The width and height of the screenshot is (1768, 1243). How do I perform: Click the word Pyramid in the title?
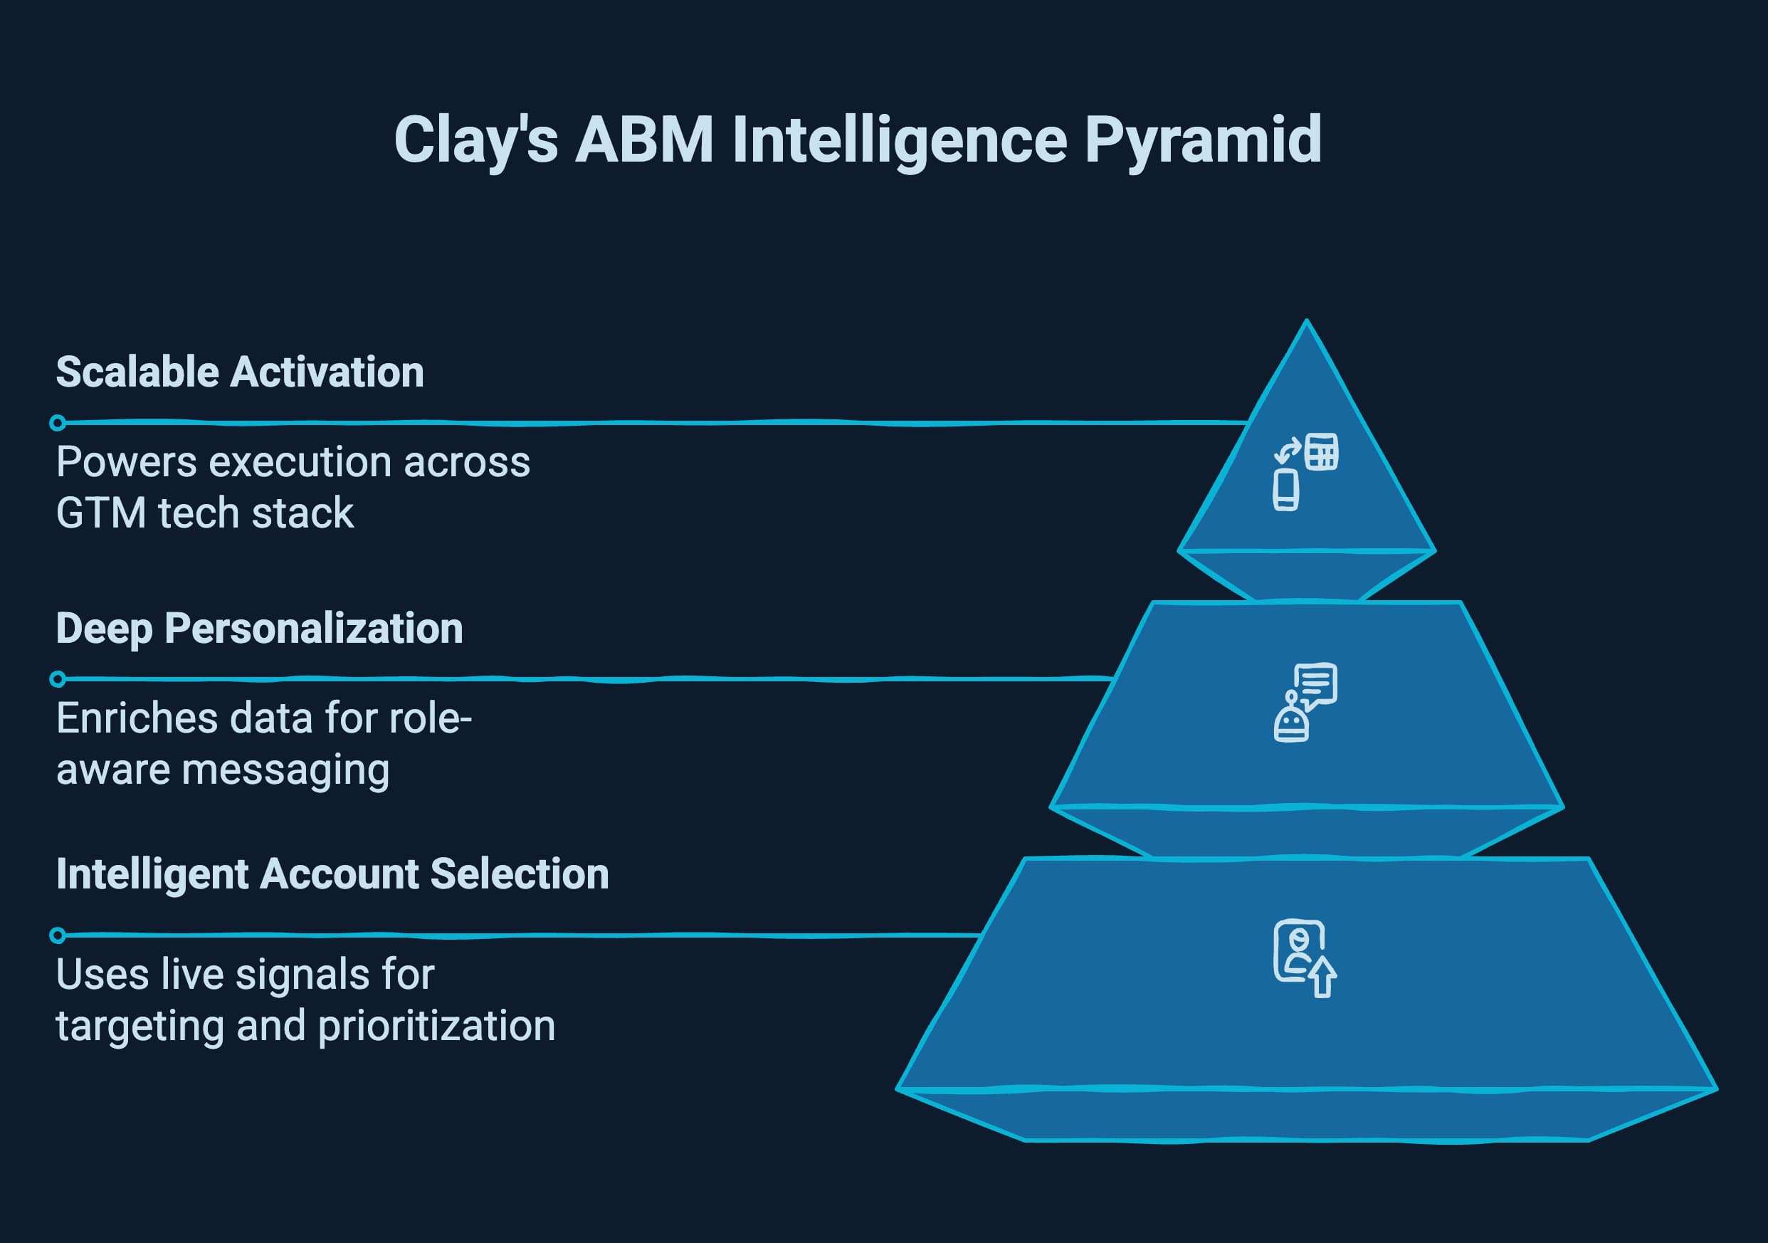point(1203,140)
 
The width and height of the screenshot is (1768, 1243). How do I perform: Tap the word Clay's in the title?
point(475,140)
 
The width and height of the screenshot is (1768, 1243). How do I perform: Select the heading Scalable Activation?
point(239,372)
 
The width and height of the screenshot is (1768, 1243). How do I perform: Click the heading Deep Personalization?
point(260,629)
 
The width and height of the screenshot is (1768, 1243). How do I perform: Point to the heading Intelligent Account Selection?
point(332,874)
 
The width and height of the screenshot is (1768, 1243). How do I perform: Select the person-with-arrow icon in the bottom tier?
point(1305,958)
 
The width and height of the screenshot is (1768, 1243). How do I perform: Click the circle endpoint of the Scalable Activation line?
point(57,423)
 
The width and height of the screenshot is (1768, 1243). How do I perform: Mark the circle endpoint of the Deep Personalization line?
point(57,679)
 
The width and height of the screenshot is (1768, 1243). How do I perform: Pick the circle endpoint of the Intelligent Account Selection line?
point(57,935)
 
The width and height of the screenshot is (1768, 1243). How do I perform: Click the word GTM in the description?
point(101,514)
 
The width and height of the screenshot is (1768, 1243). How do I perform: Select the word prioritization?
point(436,1027)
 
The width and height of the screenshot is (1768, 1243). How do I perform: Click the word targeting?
point(140,1027)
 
